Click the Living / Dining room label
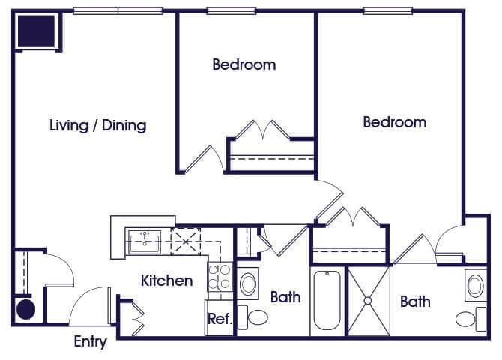click(97, 125)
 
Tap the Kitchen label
click(167, 280)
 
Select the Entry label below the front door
click(90, 343)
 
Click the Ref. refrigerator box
click(220, 318)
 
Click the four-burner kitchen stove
click(220, 277)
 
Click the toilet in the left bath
click(257, 316)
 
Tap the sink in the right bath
click(474, 286)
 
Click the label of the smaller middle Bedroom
click(244, 64)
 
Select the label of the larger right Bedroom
click(394, 122)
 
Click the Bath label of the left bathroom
click(285, 297)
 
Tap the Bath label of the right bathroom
click(415, 301)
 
